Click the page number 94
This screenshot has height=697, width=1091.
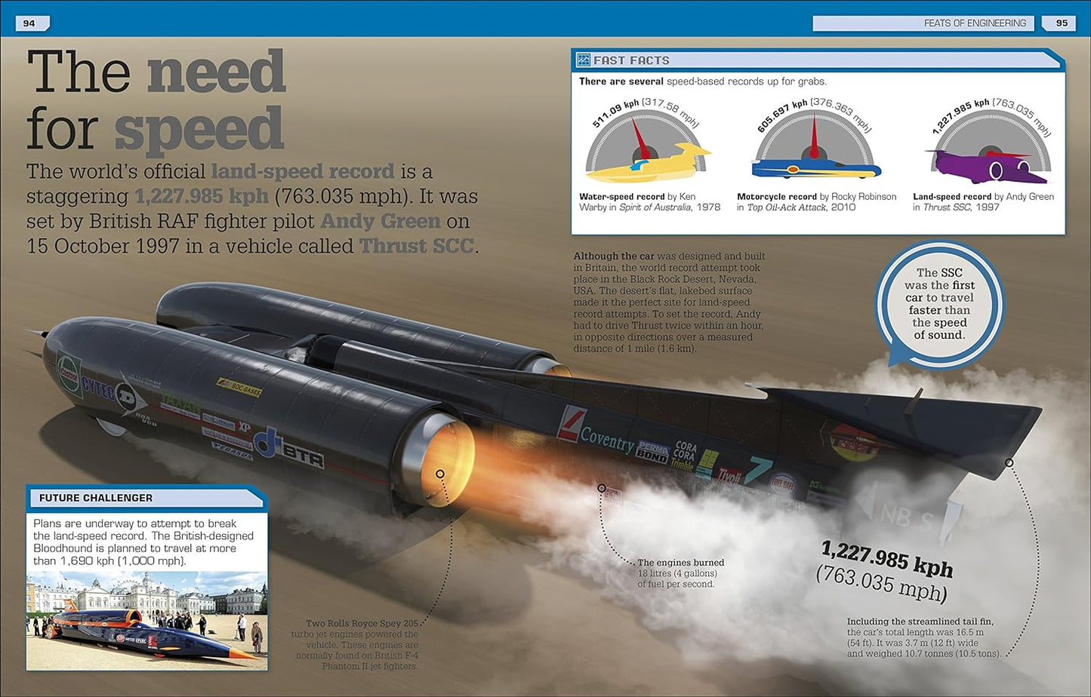[x=29, y=23]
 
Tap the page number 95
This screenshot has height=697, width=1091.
[x=1062, y=23]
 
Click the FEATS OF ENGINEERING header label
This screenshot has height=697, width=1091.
[x=974, y=23]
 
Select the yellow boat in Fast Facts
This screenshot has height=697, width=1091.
[x=646, y=163]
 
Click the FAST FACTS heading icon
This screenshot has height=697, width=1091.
[x=584, y=60]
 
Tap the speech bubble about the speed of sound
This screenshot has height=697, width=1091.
[x=939, y=304]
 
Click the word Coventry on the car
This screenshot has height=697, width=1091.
[x=606, y=439]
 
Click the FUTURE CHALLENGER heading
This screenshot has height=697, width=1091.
[x=96, y=498]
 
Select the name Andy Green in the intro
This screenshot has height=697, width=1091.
[x=380, y=221]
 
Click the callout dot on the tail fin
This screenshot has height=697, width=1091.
[x=1009, y=462]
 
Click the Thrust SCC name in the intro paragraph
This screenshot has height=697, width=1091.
[x=417, y=246]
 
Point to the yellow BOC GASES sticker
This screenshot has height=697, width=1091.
[x=239, y=388]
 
